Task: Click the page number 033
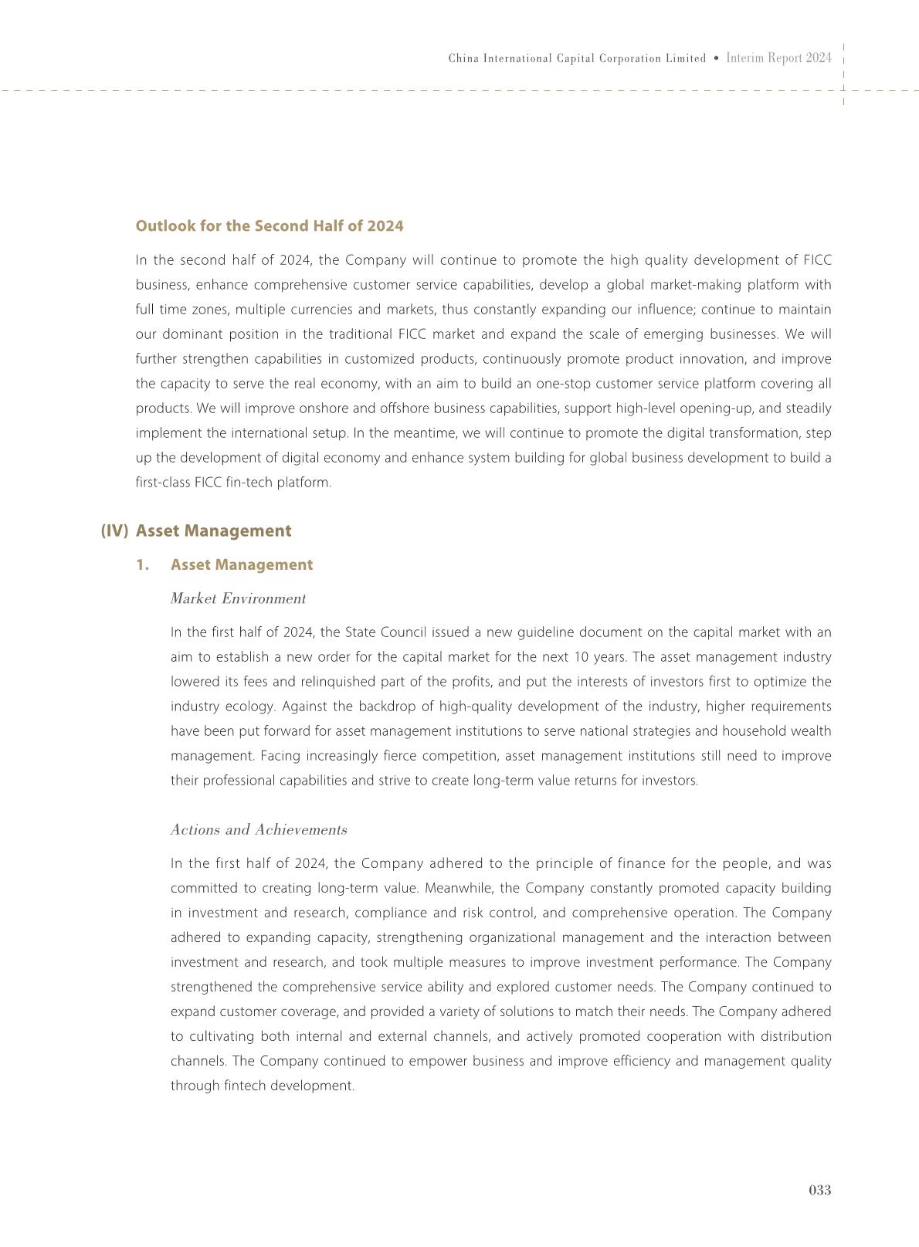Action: click(x=819, y=1190)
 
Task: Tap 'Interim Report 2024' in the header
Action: click(x=778, y=58)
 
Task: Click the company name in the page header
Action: click(x=577, y=59)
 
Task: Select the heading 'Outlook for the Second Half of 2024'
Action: click(x=270, y=225)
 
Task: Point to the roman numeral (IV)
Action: click(x=114, y=530)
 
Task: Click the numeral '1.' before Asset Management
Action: click(x=142, y=564)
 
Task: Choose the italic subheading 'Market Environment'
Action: click(x=238, y=598)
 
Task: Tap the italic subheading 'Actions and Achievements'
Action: click(x=259, y=829)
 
